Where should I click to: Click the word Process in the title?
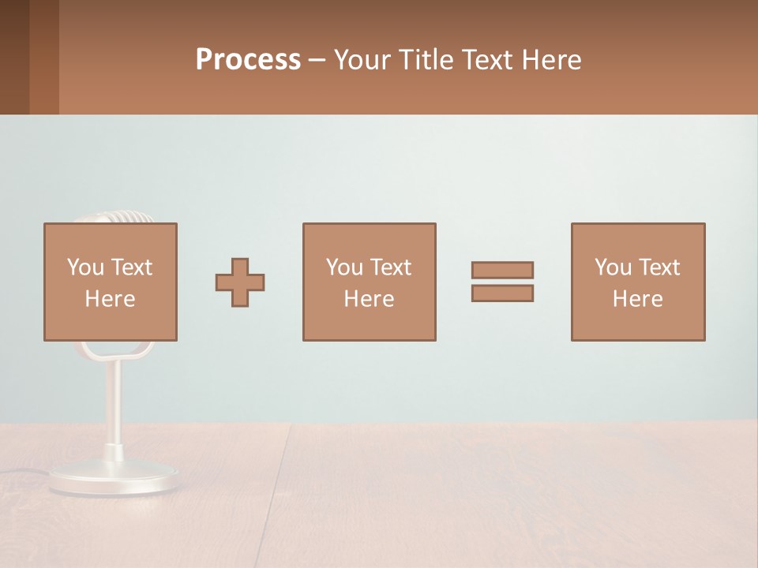pyautogui.click(x=248, y=60)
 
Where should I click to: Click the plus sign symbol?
pyautogui.click(x=240, y=282)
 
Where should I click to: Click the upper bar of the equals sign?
pyautogui.click(x=502, y=270)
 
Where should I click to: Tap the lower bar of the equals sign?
pyautogui.click(x=502, y=293)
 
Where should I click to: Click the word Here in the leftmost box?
pyautogui.click(x=110, y=299)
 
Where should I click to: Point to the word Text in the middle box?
pyautogui.click(x=391, y=267)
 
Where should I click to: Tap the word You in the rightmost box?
pyautogui.click(x=613, y=267)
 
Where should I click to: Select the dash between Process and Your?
pyautogui.click(x=317, y=60)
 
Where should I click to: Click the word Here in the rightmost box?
pyautogui.click(x=637, y=299)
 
